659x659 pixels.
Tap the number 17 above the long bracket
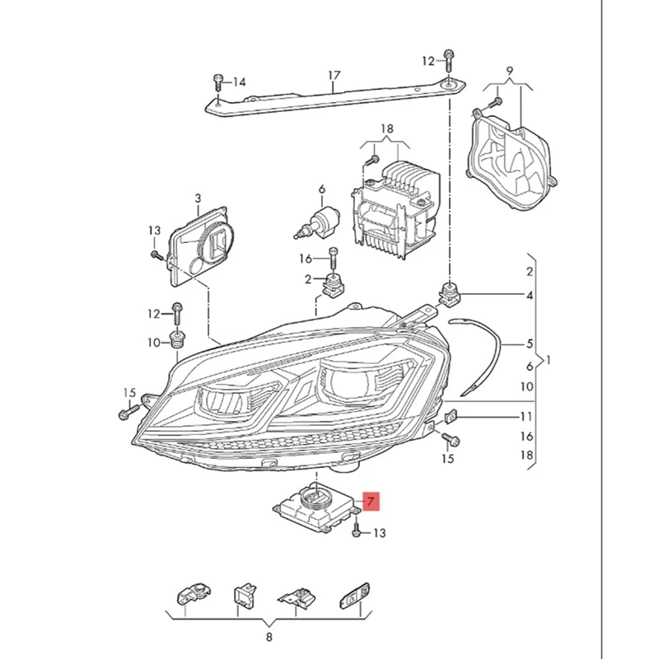334,76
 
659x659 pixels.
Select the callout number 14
240,82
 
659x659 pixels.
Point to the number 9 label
510,70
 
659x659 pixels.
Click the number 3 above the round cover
198,199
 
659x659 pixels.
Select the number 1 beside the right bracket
549,360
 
